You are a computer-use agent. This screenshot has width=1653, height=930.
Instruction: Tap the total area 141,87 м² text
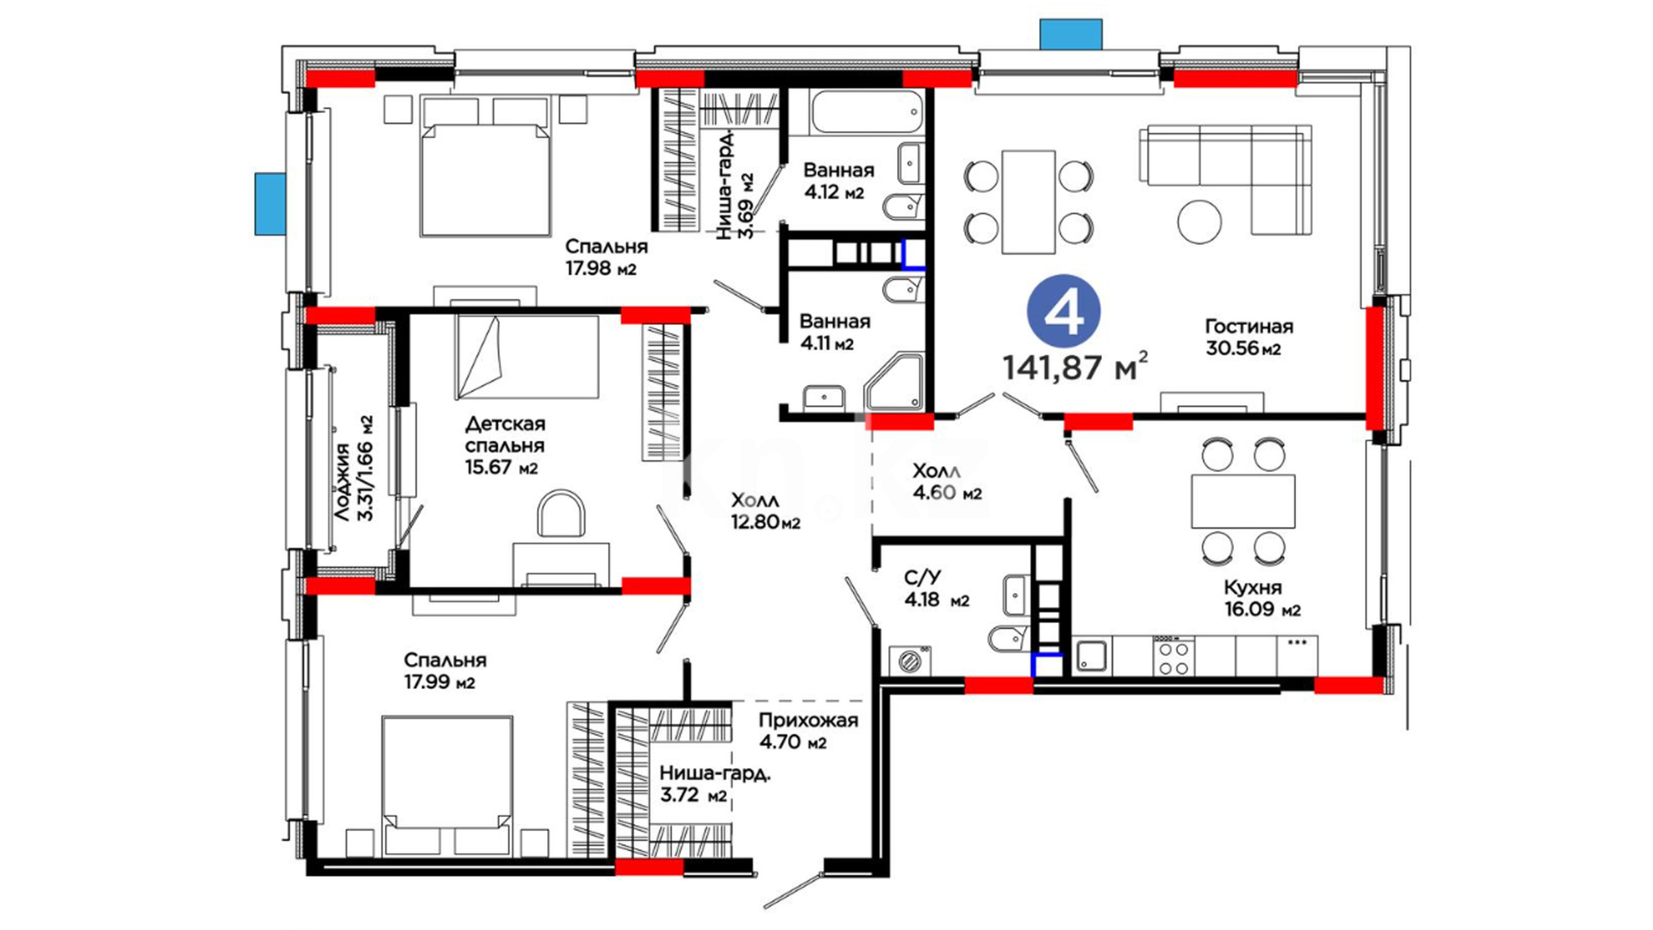point(1074,367)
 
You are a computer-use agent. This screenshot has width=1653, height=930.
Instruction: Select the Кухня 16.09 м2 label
point(1262,598)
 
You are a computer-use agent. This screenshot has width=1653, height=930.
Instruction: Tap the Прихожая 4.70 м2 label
point(808,731)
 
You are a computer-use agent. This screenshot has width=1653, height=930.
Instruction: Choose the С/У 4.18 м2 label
point(937,589)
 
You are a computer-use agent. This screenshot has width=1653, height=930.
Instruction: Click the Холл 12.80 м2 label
point(765,512)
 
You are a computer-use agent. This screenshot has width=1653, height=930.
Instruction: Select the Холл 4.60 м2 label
point(947,482)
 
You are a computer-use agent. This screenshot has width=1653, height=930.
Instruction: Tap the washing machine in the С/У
point(910,660)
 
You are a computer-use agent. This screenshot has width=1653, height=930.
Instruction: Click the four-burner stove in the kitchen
point(1173,657)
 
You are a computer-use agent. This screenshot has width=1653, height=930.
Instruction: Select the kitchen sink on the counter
point(1093,657)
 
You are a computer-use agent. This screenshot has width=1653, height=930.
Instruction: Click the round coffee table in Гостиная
point(1199,222)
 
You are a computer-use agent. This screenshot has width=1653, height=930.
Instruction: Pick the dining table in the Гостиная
point(1028,202)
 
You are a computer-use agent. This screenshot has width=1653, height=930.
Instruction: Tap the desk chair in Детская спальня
point(561,514)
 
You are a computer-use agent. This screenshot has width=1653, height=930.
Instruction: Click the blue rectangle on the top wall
point(1071,34)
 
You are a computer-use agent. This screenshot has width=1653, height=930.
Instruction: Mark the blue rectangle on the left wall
point(269,204)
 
